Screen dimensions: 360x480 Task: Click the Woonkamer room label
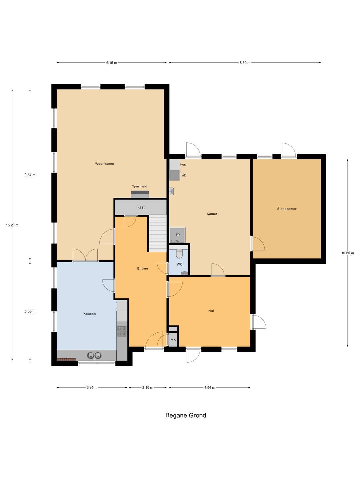pos(105,164)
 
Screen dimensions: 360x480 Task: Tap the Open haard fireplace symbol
pos(140,194)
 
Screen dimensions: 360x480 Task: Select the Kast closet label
pos(141,207)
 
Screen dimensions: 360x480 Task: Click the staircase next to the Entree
pos(158,233)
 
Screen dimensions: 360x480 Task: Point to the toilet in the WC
pos(179,253)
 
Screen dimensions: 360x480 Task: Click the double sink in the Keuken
pos(94,355)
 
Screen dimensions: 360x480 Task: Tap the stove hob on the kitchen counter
pos(122,331)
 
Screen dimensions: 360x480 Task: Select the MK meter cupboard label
pos(173,340)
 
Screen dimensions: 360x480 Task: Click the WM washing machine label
pos(184,165)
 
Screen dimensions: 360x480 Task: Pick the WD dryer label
pos(184,175)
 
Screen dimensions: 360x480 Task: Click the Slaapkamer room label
pos(287,209)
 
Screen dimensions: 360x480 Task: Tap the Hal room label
pos(211,311)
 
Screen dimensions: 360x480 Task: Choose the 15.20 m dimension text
pos(12,225)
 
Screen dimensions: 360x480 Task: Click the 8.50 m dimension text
pos(245,63)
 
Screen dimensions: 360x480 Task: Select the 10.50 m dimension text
pos(348,253)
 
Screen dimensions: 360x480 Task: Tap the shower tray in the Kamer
pos(177,235)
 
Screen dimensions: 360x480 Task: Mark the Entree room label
pos(143,269)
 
